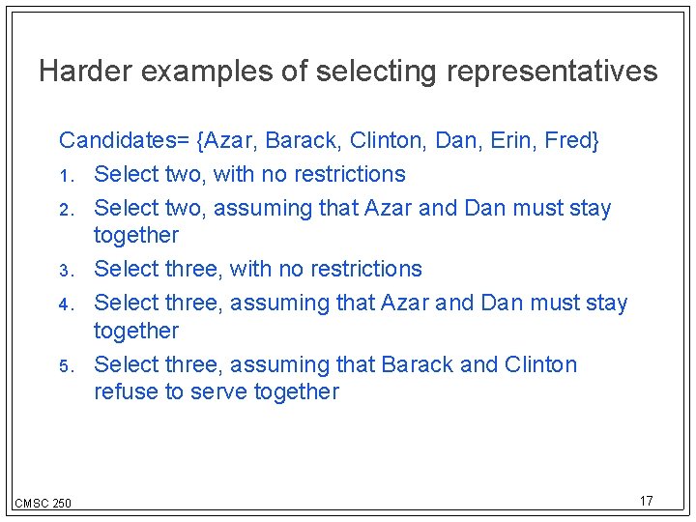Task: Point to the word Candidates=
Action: point(124,141)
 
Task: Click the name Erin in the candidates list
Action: point(511,141)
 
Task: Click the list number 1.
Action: point(66,176)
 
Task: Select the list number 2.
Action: point(66,209)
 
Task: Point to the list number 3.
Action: point(66,271)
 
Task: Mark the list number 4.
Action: point(66,304)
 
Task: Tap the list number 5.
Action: point(66,366)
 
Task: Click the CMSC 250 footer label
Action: point(43,503)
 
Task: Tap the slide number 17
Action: point(646,501)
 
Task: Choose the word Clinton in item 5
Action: point(540,365)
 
